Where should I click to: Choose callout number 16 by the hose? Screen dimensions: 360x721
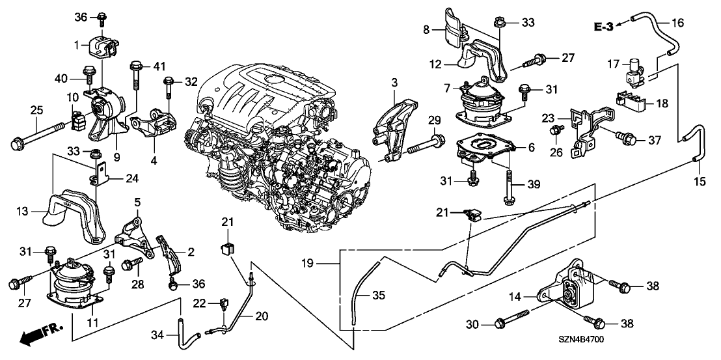[678, 23]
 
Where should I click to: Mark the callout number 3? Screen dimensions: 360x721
[394, 83]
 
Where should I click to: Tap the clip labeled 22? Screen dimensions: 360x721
[224, 302]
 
